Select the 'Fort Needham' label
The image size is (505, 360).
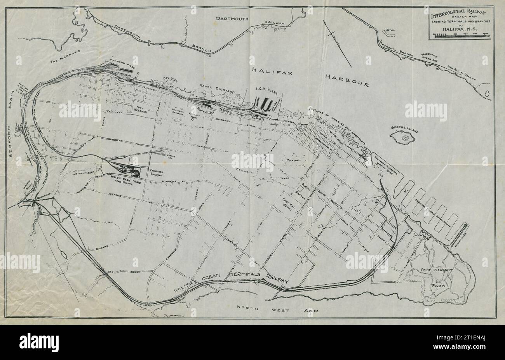tap(144, 108)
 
